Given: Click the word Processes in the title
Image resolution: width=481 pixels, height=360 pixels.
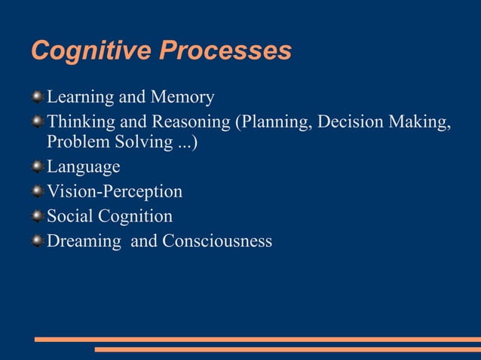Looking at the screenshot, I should coord(225,51).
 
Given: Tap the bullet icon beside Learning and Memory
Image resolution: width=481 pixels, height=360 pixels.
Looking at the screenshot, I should coord(38,97).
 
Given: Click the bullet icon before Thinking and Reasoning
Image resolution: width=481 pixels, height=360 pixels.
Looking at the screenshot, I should coord(38,121).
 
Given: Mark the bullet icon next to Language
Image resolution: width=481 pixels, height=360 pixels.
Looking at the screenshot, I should coord(38,167).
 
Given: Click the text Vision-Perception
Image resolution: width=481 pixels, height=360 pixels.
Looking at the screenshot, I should coord(115,192).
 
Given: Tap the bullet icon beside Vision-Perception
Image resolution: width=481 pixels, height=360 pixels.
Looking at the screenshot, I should coord(38,191).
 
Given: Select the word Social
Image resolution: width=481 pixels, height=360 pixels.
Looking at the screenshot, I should coord(69,216).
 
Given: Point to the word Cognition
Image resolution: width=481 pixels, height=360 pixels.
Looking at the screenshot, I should coord(136,217).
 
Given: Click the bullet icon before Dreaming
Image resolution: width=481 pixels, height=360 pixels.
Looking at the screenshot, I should coord(38,241).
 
